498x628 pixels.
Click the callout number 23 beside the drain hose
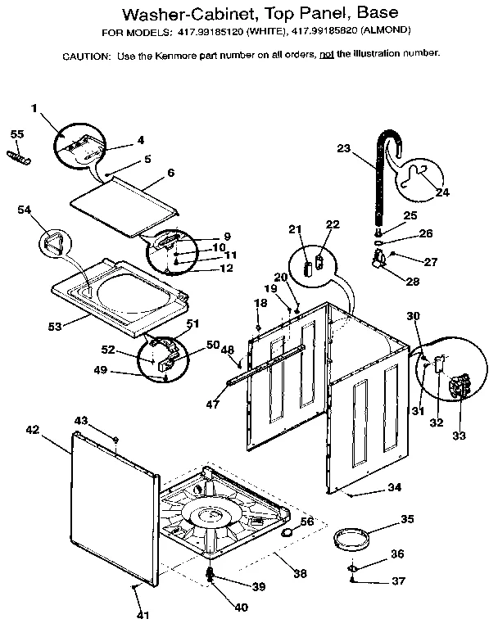pyautogui.click(x=343, y=148)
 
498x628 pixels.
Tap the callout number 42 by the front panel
pyautogui.click(x=32, y=428)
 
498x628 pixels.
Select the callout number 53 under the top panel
pyautogui.click(x=55, y=326)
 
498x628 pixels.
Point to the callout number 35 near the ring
pyautogui.click(x=407, y=519)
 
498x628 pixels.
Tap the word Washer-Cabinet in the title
pyautogui.click(x=185, y=14)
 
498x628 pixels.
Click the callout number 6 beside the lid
pyautogui.click(x=170, y=173)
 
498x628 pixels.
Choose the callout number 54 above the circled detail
pyautogui.click(x=26, y=210)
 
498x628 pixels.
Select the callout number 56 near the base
pyautogui.click(x=306, y=521)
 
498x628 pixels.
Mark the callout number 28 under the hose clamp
pyautogui.click(x=410, y=281)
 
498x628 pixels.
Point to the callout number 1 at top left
pyautogui.click(x=35, y=108)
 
